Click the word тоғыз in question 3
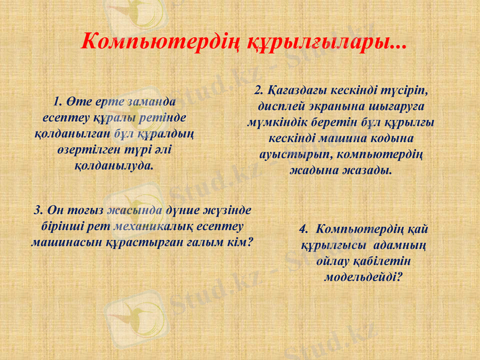pyautogui.click(x=85, y=210)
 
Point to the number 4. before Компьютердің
pyautogui.click(x=304, y=229)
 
